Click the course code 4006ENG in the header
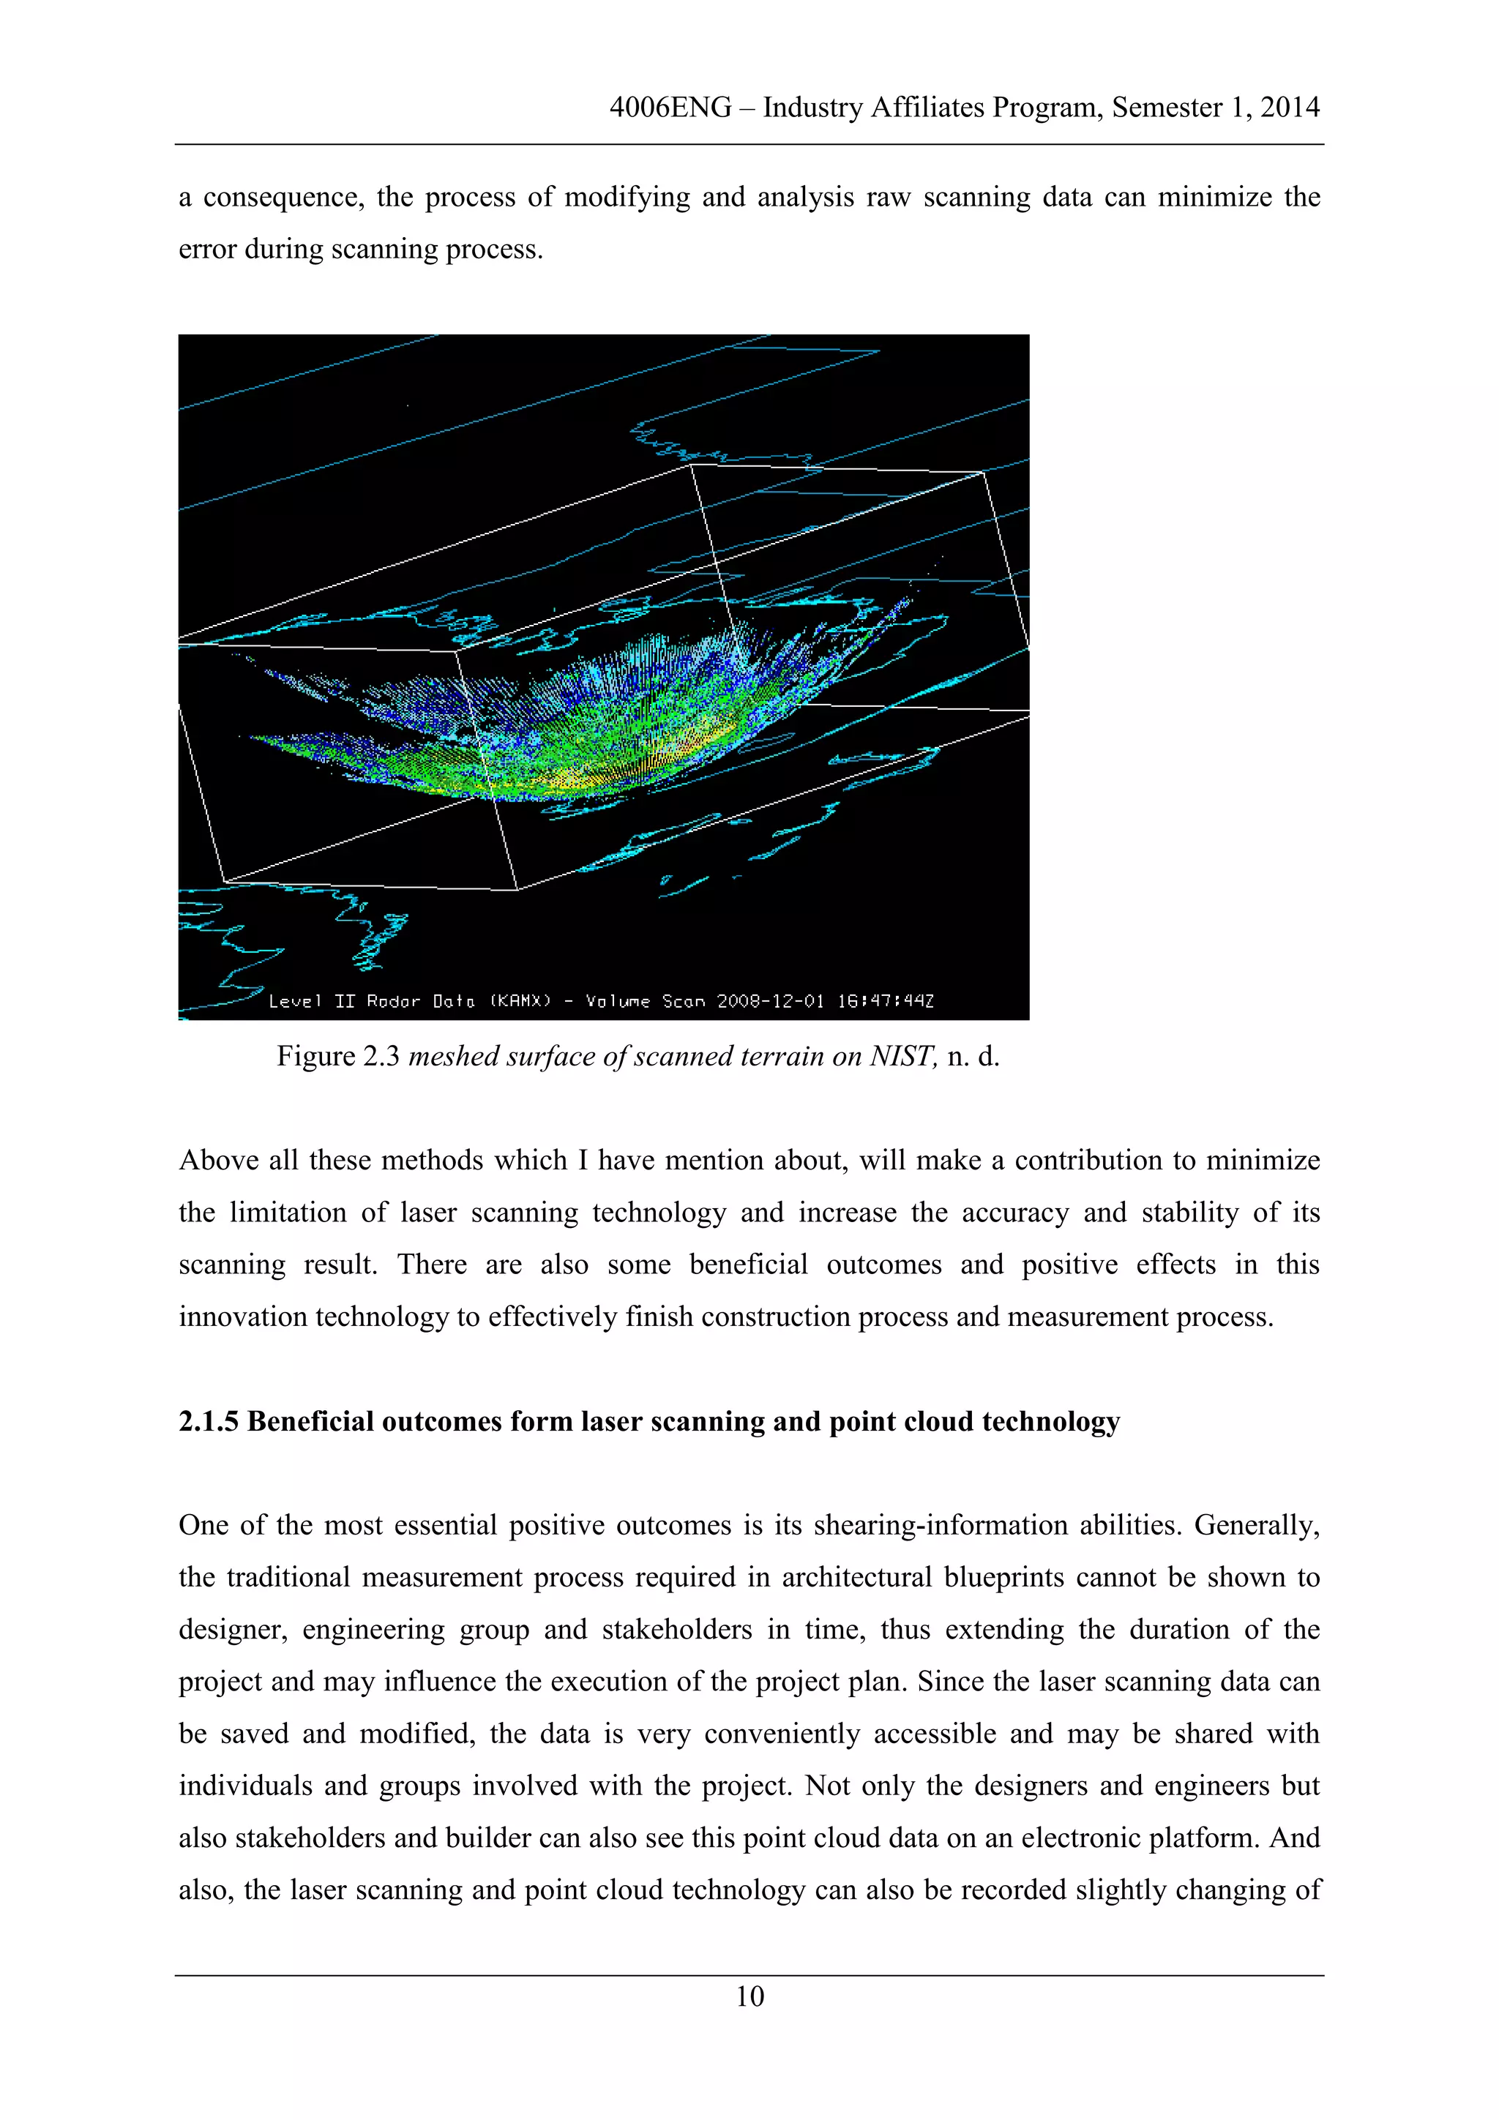[670, 108]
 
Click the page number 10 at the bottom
[749, 1996]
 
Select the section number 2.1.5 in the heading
[209, 1421]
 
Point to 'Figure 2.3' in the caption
[337, 1056]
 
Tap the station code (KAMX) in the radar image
[520, 1001]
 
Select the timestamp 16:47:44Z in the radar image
[886, 1001]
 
